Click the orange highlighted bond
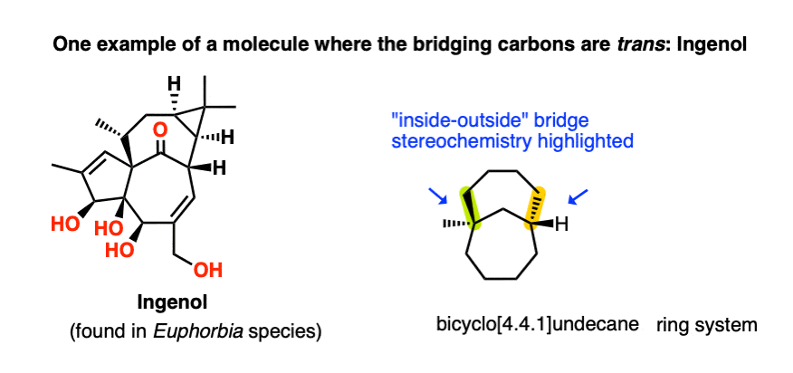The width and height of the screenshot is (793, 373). click(537, 207)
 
